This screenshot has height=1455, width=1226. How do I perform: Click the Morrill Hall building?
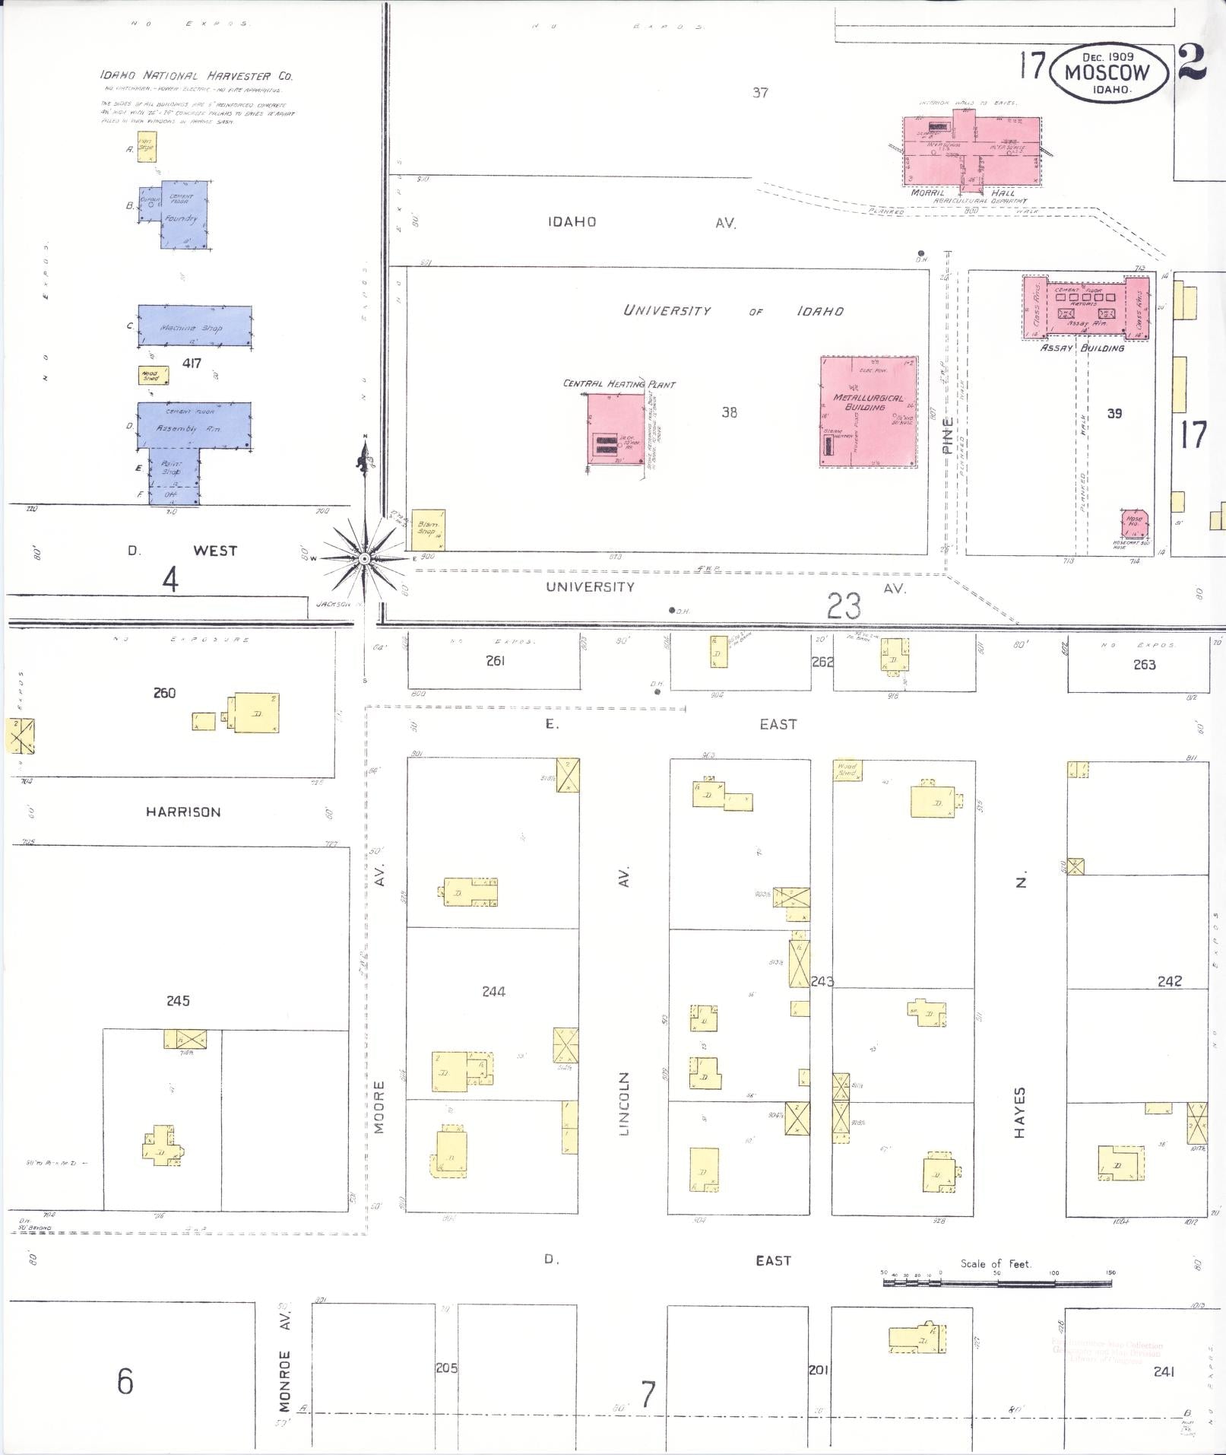click(x=971, y=151)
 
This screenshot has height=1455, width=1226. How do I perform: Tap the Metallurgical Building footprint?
click(x=869, y=411)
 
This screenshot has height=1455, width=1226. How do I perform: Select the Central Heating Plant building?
click(x=615, y=428)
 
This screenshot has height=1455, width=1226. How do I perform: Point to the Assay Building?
click(x=1085, y=307)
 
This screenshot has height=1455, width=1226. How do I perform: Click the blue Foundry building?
click(x=183, y=214)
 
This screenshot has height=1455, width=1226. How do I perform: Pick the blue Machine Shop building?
click(x=195, y=326)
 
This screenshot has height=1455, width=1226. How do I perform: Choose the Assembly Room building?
click(x=194, y=425)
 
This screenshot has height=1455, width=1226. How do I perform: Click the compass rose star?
click(x=365, y=558)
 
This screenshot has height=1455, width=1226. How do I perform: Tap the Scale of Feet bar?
click(x=996, y=1282)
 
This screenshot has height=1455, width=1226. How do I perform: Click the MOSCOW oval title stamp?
click(x=1107, y=72)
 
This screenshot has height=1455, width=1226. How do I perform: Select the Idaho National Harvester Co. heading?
click(x=196, y=75)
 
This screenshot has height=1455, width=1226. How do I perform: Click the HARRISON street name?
click(x=183, y=812)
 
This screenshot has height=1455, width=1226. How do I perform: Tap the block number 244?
click(x=493, y=991)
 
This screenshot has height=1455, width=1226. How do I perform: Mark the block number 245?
click(x=178, y=1000)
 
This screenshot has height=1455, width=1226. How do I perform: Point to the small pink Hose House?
click(x=1134, y=524)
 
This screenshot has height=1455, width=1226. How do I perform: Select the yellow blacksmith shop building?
click(x=428, y=530)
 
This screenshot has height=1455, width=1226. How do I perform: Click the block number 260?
click(x=164, y=693)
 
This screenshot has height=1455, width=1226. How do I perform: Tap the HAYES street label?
click(x=1020, y=1112)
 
